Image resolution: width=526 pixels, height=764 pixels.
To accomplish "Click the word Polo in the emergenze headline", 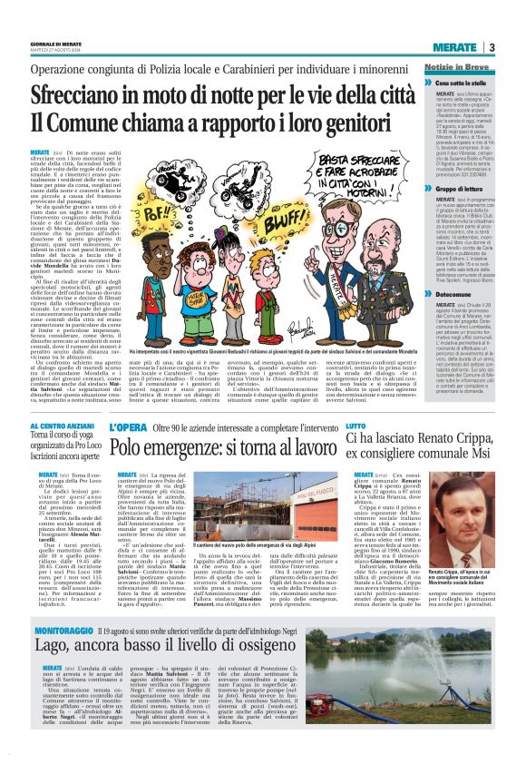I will [128, 446].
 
